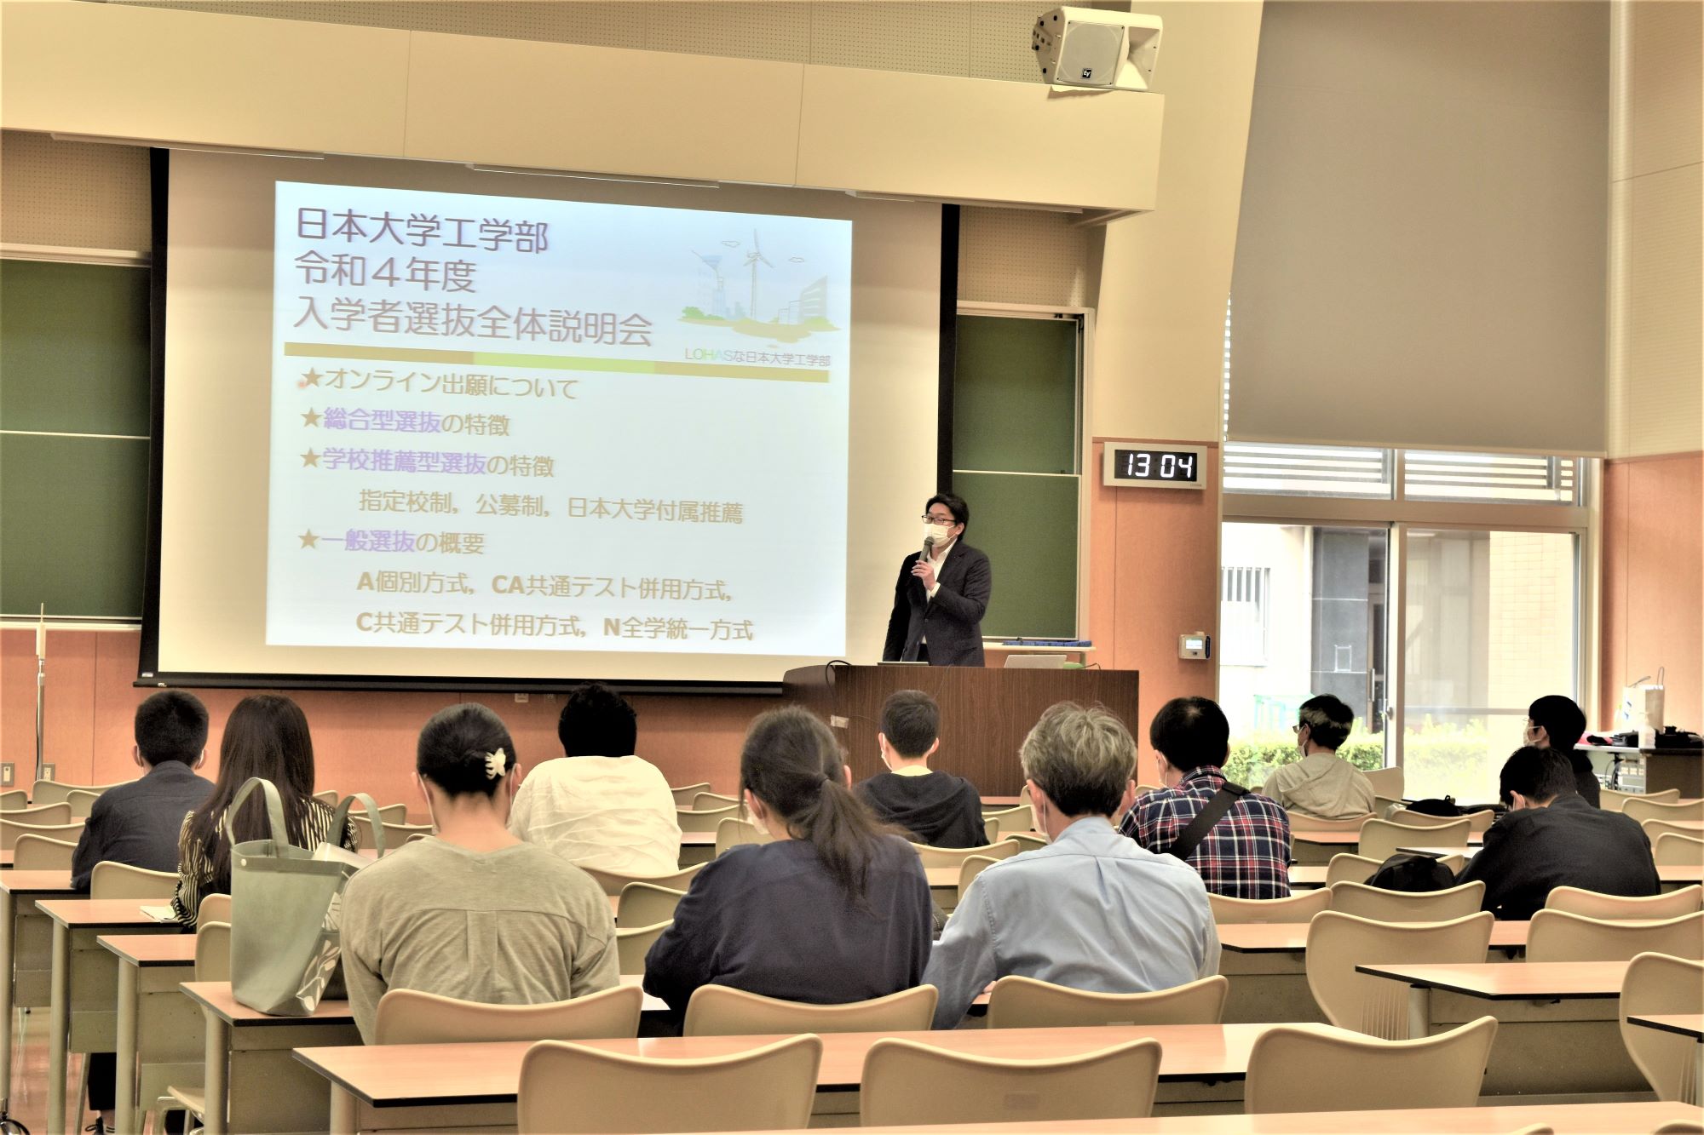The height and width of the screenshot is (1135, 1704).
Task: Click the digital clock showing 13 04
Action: click(1155, 465)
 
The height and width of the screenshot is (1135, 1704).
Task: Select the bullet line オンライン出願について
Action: click(440, 386)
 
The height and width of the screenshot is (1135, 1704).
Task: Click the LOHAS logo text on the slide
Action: click(757, 356)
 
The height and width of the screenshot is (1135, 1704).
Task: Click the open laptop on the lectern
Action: click(1034, 661)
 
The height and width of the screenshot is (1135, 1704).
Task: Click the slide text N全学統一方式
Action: click(678, 629)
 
